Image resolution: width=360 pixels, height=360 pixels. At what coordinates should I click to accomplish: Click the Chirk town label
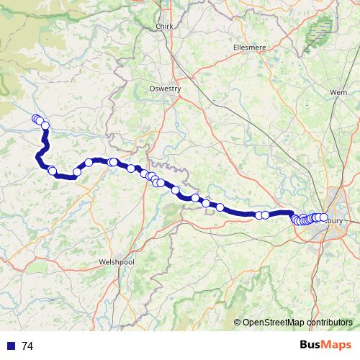(x=166, y=27)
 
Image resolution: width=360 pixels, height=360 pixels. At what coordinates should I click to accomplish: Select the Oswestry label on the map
(x=166, y=89)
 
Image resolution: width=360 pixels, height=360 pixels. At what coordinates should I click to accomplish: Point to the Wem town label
(x=338, y=93)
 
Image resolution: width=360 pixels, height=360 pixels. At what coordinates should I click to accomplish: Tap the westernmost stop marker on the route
(x=35, y=119)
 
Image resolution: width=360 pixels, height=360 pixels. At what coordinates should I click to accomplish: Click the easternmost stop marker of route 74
(x=323, y=217)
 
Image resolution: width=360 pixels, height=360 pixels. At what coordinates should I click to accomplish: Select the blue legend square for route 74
(x=12, y=346)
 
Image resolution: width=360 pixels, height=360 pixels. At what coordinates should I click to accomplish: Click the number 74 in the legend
(x=27, y=346)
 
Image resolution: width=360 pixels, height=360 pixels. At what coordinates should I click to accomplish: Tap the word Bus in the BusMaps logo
(x=310, y=346)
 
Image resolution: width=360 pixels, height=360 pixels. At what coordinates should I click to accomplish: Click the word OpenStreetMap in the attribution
(x=271, y=323)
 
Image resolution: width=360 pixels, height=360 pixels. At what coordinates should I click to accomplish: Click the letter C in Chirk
(x=158, y=27)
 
